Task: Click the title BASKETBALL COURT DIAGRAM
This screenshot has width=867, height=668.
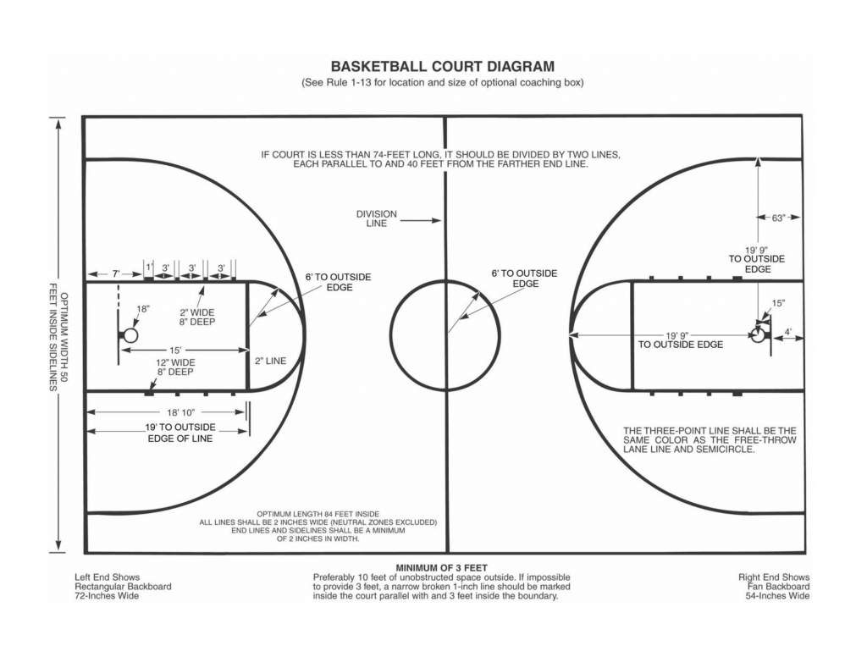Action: (x=442, y=66)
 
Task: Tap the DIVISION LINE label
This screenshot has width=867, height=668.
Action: (x=377, y=218)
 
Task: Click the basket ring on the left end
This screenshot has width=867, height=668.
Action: (x=130, y=335)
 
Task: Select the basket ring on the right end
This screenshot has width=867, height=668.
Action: (x=758, y=334)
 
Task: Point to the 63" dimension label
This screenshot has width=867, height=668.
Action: (x=779, y=218)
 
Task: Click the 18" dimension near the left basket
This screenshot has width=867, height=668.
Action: (x=142, y=309)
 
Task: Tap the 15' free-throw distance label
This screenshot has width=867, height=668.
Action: (x=175, y=350)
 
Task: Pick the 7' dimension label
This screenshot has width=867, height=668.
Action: (x=116, y=273)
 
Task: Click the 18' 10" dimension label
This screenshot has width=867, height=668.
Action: (x=181, y=412)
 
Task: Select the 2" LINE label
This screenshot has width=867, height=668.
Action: (x=270, y=362)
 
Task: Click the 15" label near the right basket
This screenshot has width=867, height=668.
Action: (x=779, y=303)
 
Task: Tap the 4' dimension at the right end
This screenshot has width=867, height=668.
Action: (x=788, y=332)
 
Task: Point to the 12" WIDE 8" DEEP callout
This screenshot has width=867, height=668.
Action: (x=175, y=367)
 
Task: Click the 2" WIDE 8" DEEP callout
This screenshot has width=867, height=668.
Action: (x=196, y=317)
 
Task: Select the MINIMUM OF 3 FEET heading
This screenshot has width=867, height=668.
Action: (x=442, y=568)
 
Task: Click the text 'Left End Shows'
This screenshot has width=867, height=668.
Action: (x=108, y=577)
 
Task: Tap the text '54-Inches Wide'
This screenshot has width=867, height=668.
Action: (x=777, y=596)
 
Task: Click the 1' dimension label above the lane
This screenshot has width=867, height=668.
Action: (x=149, y=267)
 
